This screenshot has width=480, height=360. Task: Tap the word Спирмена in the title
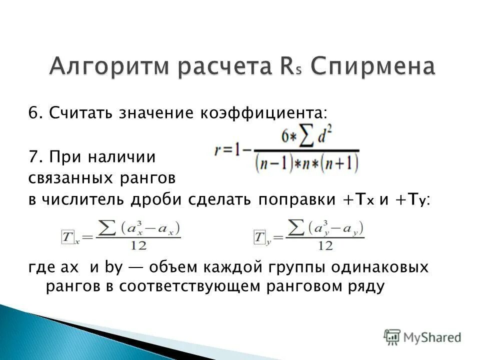click(x=373, y=67)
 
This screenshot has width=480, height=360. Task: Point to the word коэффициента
click(x=264, y=113)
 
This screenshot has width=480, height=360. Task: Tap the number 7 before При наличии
click(x=32, y=157)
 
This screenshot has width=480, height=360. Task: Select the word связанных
click(x=68, y=177)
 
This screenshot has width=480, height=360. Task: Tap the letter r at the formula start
click(x=218, y=150)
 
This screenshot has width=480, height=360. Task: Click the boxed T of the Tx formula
click(x=67, y=236)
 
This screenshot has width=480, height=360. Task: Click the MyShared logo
click(x=422, y=337)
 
